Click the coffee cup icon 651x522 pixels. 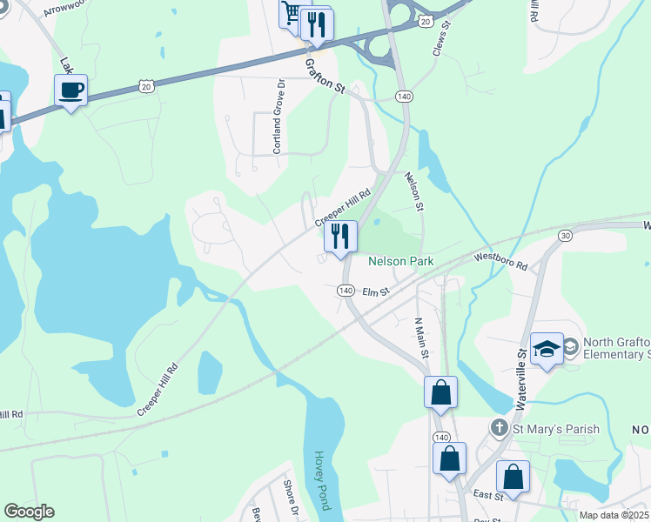pos(70,89)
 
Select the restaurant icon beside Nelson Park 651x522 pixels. pos(340,236)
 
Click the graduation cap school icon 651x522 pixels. pos(547,348)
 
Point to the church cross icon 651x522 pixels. pos(499,427)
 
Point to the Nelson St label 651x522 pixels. pos(413,191)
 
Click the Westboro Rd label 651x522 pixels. pos(500,258)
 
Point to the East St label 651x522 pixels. pos(488,495)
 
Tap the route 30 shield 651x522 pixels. pos(566,235)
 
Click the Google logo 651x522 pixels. pos(29,512)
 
